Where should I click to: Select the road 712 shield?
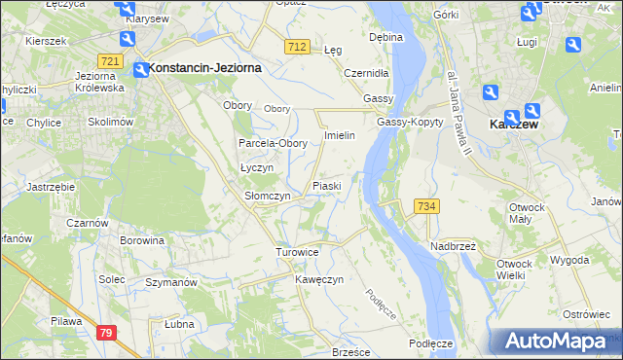[298, 47]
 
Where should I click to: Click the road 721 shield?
[110, 61]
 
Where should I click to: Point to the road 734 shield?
[425, 206]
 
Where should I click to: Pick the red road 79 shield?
[106, 333]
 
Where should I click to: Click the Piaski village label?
[326, 185]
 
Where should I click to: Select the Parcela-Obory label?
[274, 143]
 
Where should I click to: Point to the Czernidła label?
[367, 73]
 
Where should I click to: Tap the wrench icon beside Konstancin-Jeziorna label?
[138, 68]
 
